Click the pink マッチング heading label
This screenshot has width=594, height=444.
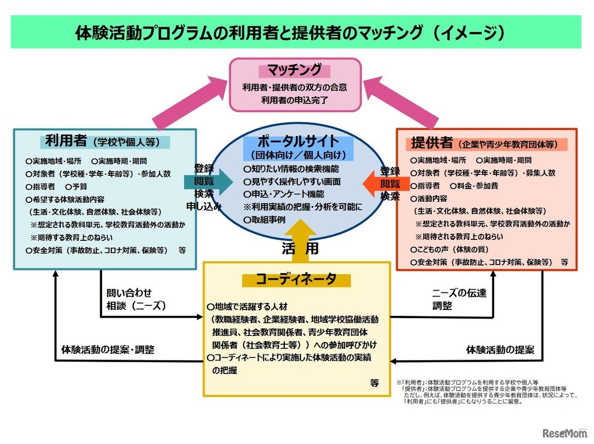[295, 71]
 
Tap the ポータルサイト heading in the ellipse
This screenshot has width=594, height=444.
[298, 141]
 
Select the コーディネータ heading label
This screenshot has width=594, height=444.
[296, 279]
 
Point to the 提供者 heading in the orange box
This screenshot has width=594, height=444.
[432, 143]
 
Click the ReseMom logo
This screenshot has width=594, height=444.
[565, 433]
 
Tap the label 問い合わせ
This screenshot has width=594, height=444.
[129, 293]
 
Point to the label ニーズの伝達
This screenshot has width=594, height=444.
[459, 293]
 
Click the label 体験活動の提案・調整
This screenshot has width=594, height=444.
[108, 350]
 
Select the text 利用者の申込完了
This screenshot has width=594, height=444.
[295, 100]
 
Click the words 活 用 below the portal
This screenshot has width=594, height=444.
[300, 249]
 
